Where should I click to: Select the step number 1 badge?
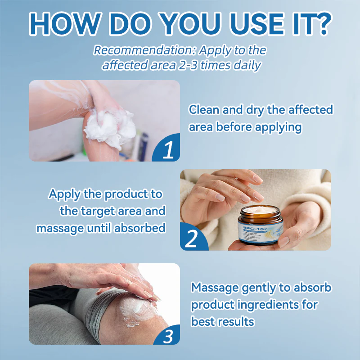point(167,150)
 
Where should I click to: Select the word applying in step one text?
point(278,127)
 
